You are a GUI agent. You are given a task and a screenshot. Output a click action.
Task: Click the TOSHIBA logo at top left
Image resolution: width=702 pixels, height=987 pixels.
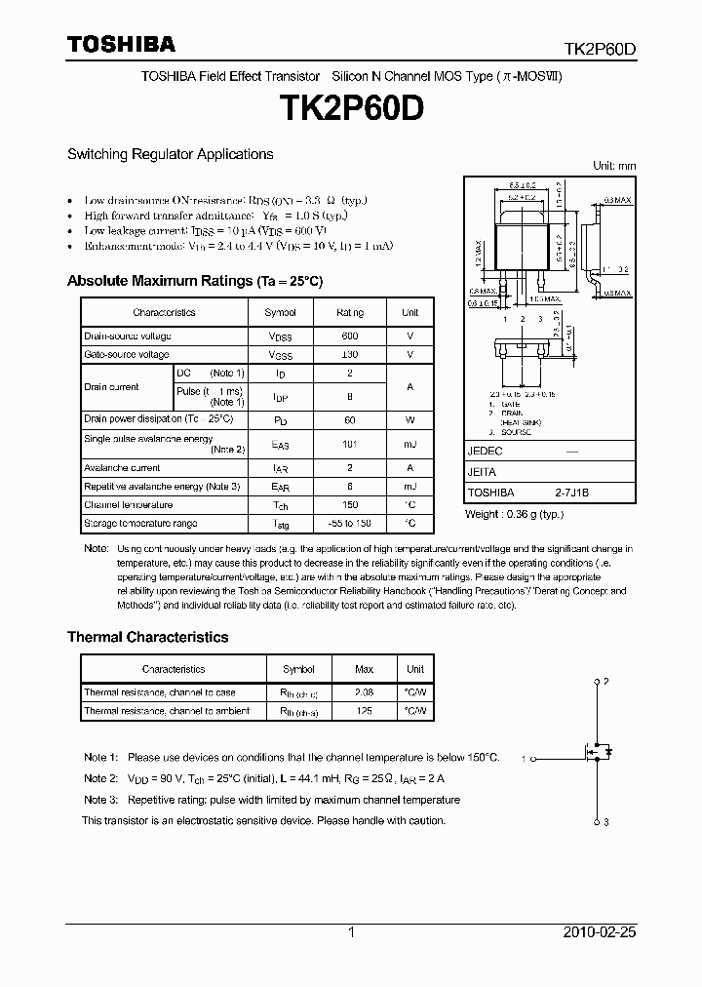coord(121,44)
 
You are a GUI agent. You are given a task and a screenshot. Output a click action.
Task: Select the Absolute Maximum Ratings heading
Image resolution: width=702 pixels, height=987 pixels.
coord(194,281)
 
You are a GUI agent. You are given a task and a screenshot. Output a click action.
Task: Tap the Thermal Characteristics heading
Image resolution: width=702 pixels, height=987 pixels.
coord(147,637)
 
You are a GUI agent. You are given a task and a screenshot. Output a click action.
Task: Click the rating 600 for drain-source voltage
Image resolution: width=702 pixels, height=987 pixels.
coord(350,336)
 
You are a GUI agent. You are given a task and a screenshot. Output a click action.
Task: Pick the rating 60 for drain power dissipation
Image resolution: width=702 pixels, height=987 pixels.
coord(350,419)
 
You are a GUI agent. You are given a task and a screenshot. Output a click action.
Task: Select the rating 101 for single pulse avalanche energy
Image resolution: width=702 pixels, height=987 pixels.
coord(350,444)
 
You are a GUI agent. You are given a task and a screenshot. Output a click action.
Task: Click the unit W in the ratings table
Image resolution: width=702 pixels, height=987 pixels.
coord(409,419)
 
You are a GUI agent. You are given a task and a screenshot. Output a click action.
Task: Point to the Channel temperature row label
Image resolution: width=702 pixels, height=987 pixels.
coord(128,505)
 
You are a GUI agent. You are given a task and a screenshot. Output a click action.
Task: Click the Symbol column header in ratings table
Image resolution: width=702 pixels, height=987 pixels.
coord(281,312)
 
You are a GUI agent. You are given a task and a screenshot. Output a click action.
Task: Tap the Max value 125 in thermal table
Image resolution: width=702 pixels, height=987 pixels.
coord(364,711)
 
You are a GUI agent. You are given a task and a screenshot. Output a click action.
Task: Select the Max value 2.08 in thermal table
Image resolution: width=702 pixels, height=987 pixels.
coord(364,692)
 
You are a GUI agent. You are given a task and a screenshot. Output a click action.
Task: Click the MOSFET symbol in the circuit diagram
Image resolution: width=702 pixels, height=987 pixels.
coord(595,752)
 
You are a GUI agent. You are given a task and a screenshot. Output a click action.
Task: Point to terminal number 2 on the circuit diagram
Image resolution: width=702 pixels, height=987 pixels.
coord(606,681)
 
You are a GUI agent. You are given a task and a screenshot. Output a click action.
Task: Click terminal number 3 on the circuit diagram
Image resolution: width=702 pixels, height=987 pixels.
coord(606,823)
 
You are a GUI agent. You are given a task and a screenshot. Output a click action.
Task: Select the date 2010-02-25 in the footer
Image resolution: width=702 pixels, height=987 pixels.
coord(600,932)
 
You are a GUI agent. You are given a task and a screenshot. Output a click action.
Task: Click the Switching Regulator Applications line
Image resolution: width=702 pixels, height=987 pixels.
coord(170,154)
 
